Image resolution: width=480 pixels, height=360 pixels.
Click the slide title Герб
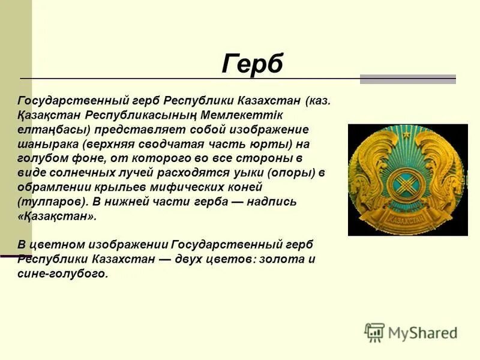click(x=252, y=64)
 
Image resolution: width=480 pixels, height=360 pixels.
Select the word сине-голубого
click(x=63, y=274)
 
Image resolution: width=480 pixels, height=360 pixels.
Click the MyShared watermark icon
click(x=374, y=332)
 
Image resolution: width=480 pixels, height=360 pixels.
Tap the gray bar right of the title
click(x=408, y=79)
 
